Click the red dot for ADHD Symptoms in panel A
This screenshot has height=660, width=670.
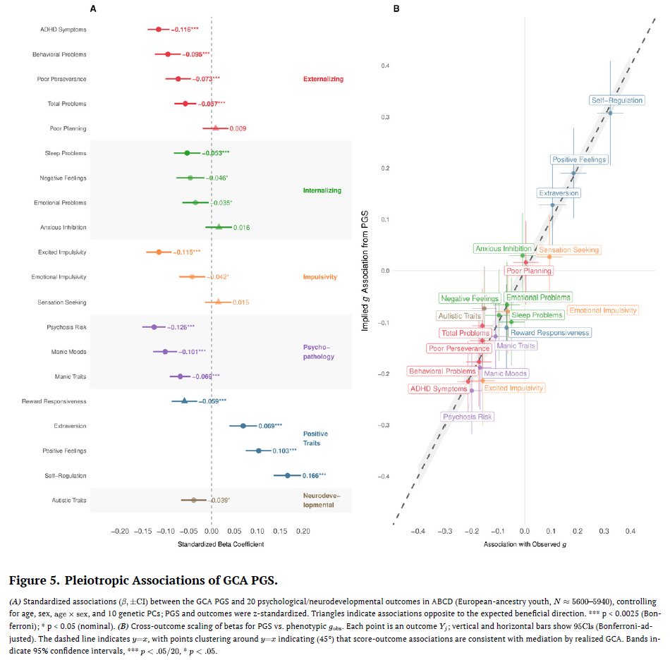click(x=158, y=30)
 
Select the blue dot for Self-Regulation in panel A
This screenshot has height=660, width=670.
click(x=287, y=475)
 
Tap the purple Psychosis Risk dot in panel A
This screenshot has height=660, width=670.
click(x=154, y=327)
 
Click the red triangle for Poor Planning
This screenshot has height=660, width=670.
click(x=216, y=128)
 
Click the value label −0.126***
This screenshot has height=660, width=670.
click(x=181, y=327)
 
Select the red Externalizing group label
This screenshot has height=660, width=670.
click(x=322, y=79)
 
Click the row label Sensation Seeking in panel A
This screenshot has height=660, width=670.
click(x=62, y=302)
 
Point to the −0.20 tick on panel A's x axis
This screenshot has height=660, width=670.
click(x=120, y=531)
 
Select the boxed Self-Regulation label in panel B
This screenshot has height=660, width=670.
click(x=617, y=100)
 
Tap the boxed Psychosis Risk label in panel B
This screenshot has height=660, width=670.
click(x=467, y=417)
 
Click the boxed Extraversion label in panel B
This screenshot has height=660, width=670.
click(x=559, y=192)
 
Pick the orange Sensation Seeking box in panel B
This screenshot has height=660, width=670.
click(x=568, y=250)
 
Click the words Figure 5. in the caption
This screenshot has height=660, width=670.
click(x=32, y=581)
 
